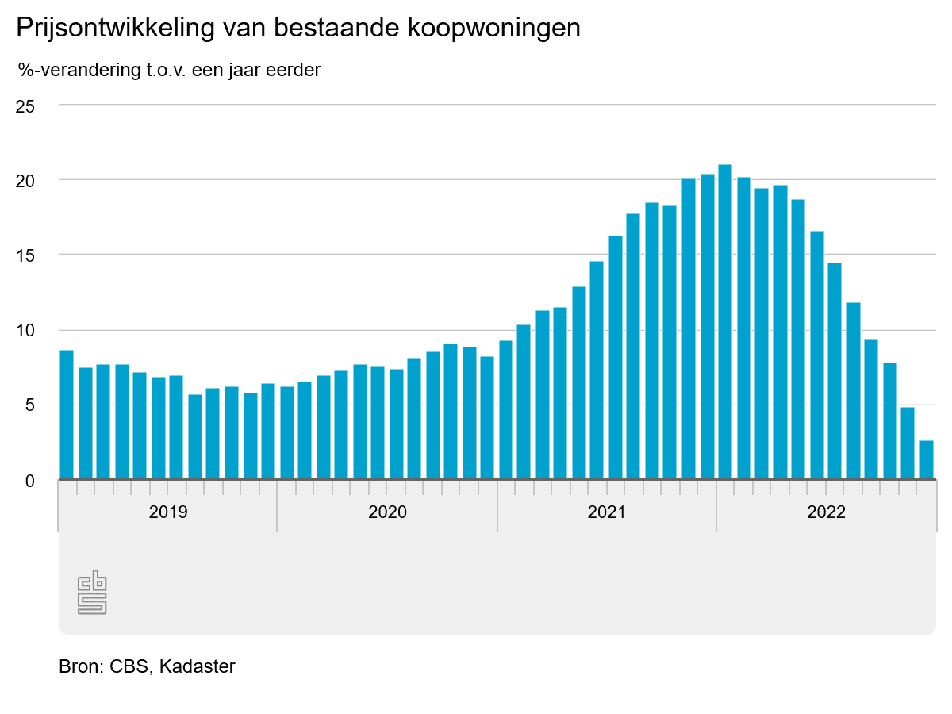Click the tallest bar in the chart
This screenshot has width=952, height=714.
pos(724,321)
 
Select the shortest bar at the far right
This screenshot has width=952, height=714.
pos(926,460)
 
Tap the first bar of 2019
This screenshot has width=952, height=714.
pos(67,414)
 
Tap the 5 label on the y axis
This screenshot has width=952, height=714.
pos(29,405)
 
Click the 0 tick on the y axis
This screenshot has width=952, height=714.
pos(29,481)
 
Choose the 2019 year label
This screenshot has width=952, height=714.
pos(168,512)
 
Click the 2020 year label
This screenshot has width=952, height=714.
pos(387,512)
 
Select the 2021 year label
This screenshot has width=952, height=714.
pos(607,512)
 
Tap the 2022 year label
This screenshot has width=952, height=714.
pos(827,512)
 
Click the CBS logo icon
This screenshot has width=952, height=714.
pos(92,592)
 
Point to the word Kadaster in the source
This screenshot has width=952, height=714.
pos(197,666)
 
